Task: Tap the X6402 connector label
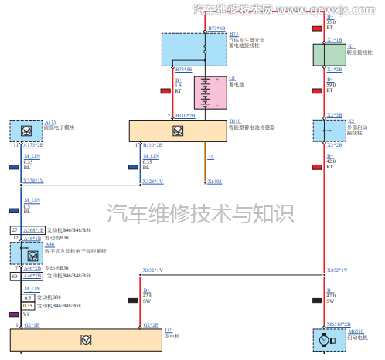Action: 214,182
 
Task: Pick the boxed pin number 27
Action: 15,230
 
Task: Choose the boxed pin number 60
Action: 15,275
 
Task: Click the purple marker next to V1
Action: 13,314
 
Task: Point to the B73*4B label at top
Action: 217,28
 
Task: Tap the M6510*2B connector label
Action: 337,324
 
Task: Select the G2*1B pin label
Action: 32,325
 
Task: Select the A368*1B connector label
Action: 33,230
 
